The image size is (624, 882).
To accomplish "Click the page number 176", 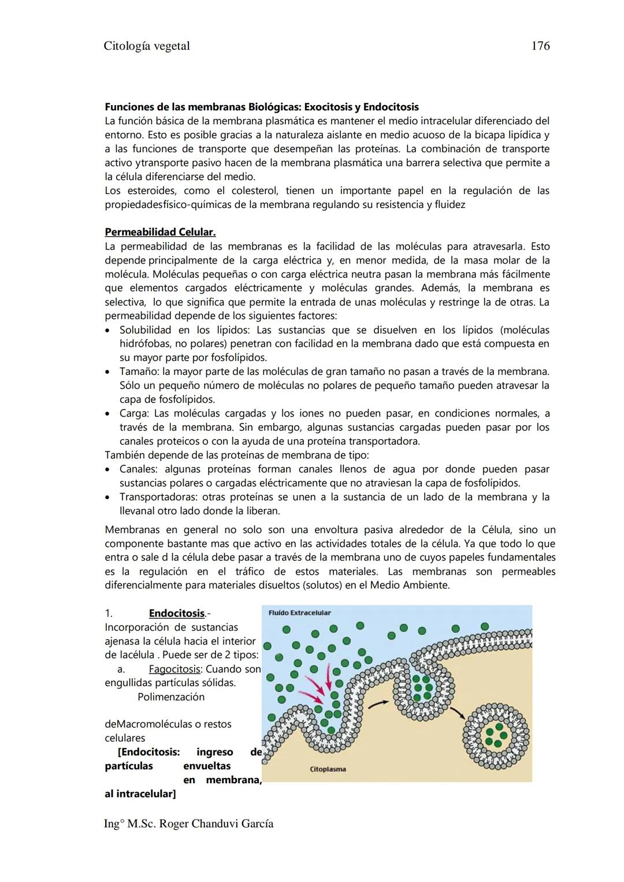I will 540,46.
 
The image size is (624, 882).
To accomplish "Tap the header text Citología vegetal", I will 147,46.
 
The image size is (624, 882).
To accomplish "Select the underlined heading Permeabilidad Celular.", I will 160,232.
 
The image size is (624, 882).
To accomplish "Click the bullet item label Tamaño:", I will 139,371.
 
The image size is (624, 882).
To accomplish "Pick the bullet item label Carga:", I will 135,414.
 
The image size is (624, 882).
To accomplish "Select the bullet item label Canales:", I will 138,469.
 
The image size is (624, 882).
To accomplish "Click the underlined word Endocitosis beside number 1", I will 177,613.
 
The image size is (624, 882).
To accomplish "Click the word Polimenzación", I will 171,697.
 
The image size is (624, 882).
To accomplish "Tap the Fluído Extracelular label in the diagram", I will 300,613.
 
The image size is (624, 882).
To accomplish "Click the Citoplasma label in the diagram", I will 328,769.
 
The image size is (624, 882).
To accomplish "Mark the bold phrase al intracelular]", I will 140,794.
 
